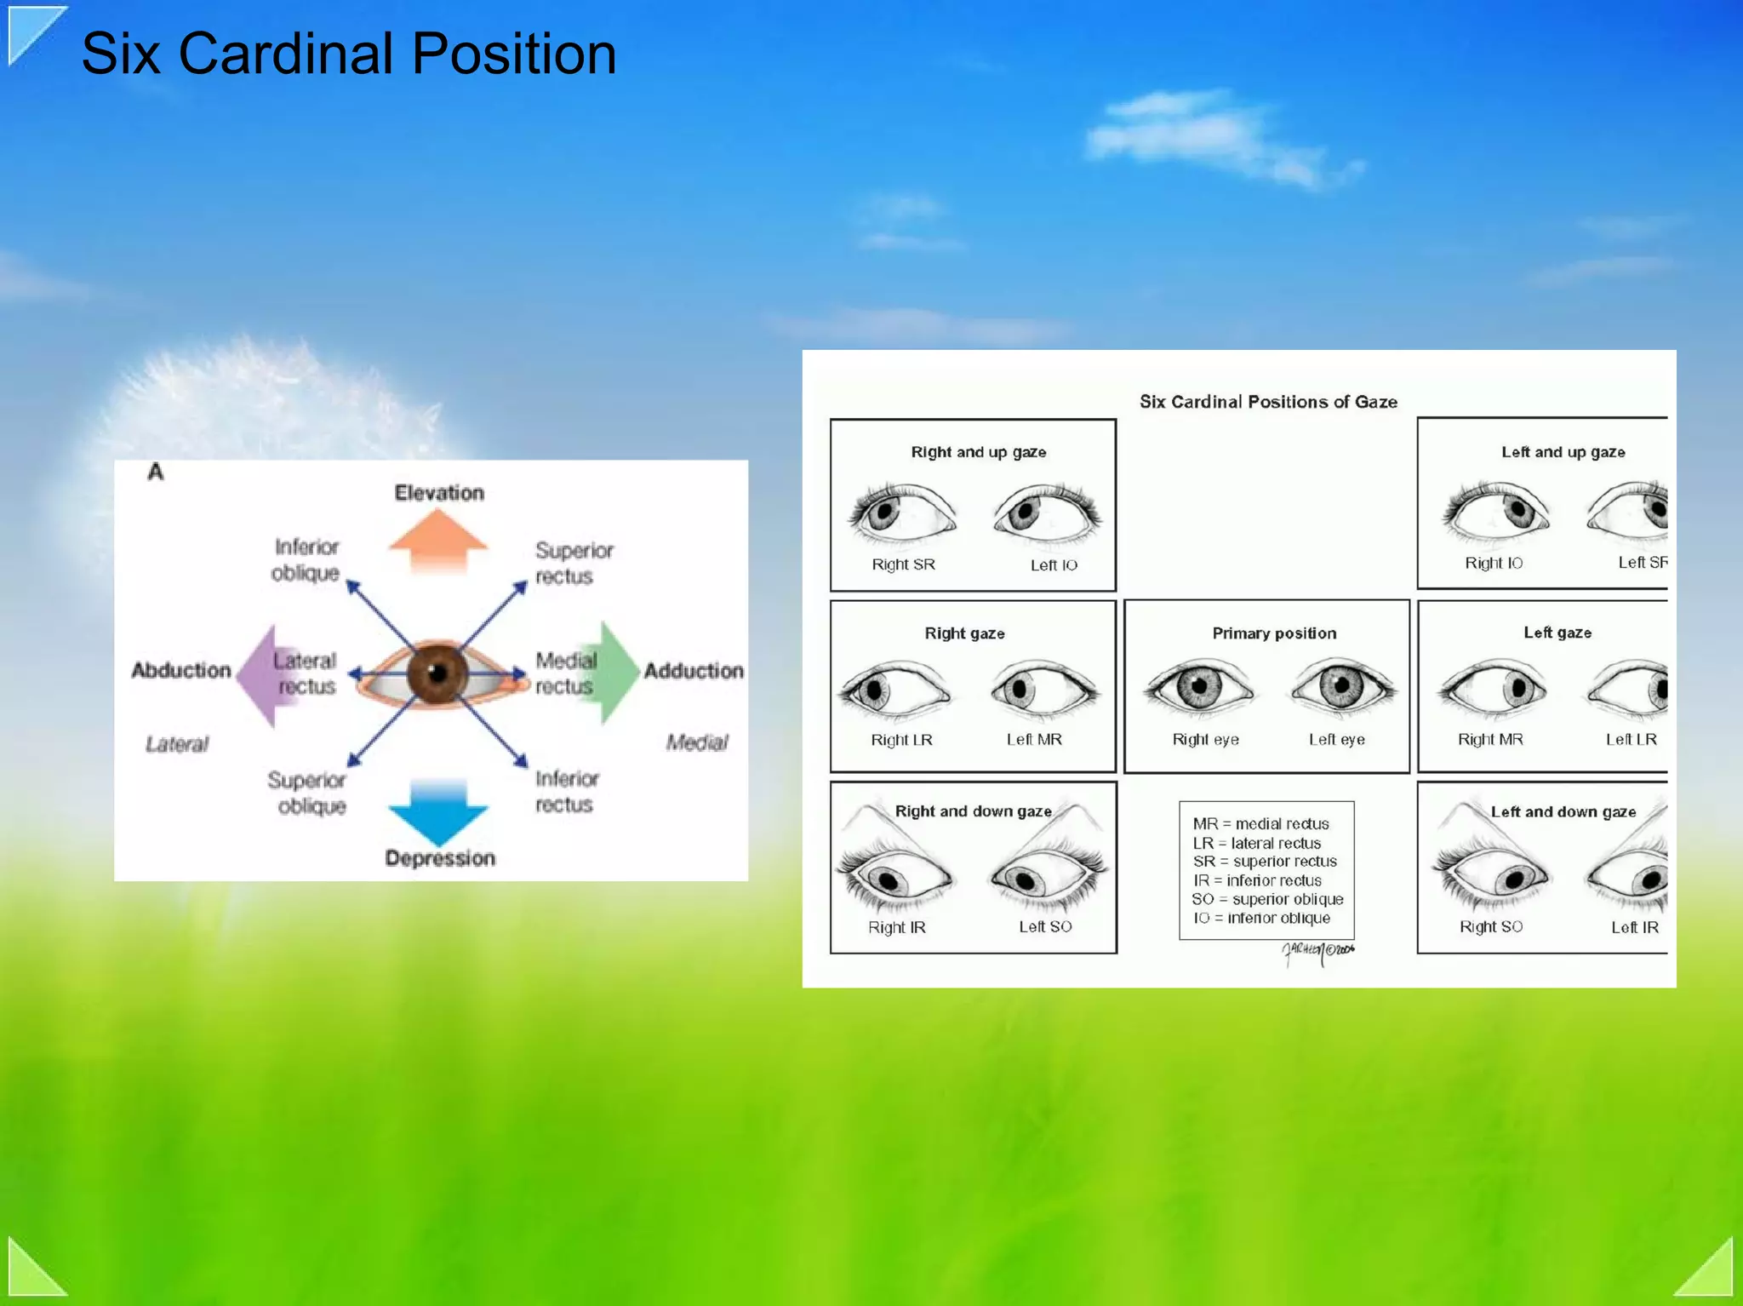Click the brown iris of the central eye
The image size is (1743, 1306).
[437, 673]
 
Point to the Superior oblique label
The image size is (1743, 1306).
[307, 793]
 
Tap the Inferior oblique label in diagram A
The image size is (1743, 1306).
[306, 559]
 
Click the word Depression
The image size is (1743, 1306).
[440, 858]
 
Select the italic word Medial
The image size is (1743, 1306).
[697, 742]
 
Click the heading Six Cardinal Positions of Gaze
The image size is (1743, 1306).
[1268, 402]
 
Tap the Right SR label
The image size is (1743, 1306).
[903, 564]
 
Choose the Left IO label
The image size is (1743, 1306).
[1054, 565]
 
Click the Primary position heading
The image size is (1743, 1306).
[1274, 633]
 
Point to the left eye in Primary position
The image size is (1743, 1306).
[1341, 685]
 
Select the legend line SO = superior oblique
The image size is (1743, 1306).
[1267, 899]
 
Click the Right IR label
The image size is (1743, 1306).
[896, 927]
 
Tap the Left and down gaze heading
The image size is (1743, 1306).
[1563, 812]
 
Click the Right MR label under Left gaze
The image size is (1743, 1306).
[1490, 739]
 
